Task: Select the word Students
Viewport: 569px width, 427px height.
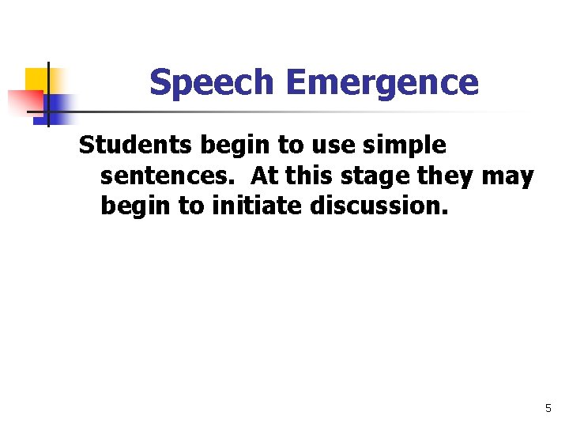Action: [136, 145]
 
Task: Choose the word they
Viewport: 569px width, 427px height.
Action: [446, 176]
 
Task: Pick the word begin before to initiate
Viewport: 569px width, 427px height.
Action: [130, 208]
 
